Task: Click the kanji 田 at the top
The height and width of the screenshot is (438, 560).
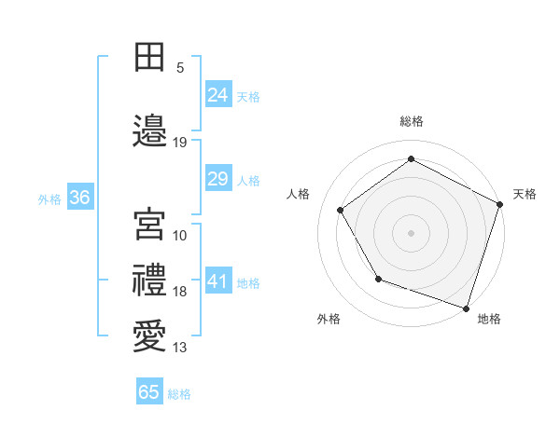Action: click(149, 58)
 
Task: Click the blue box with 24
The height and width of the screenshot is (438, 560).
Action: click(217, 95)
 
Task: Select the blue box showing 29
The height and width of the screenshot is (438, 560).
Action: click(217, 179)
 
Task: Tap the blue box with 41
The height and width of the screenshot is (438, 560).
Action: click(217, 281)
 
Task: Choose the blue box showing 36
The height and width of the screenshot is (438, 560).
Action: click(79, 198)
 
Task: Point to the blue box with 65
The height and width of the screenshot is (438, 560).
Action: click(149, 392)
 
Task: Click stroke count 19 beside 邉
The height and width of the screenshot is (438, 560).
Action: click(180, 143)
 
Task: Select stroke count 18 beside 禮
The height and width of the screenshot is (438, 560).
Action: click(180, 292)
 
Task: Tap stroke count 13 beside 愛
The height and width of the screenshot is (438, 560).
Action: click(180, 348)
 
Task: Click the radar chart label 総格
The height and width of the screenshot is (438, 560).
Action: click(412, 121)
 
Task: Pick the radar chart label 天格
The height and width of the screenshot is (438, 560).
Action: click(525, 194)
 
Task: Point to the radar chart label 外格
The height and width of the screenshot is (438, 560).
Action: click(329, 319)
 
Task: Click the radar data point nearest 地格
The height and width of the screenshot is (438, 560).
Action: click(467, 308)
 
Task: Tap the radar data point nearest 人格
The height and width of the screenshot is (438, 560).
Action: click(341, 210)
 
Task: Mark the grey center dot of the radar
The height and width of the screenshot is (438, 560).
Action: click(412, 232)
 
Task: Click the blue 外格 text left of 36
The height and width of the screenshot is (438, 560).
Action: click(49, 198)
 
